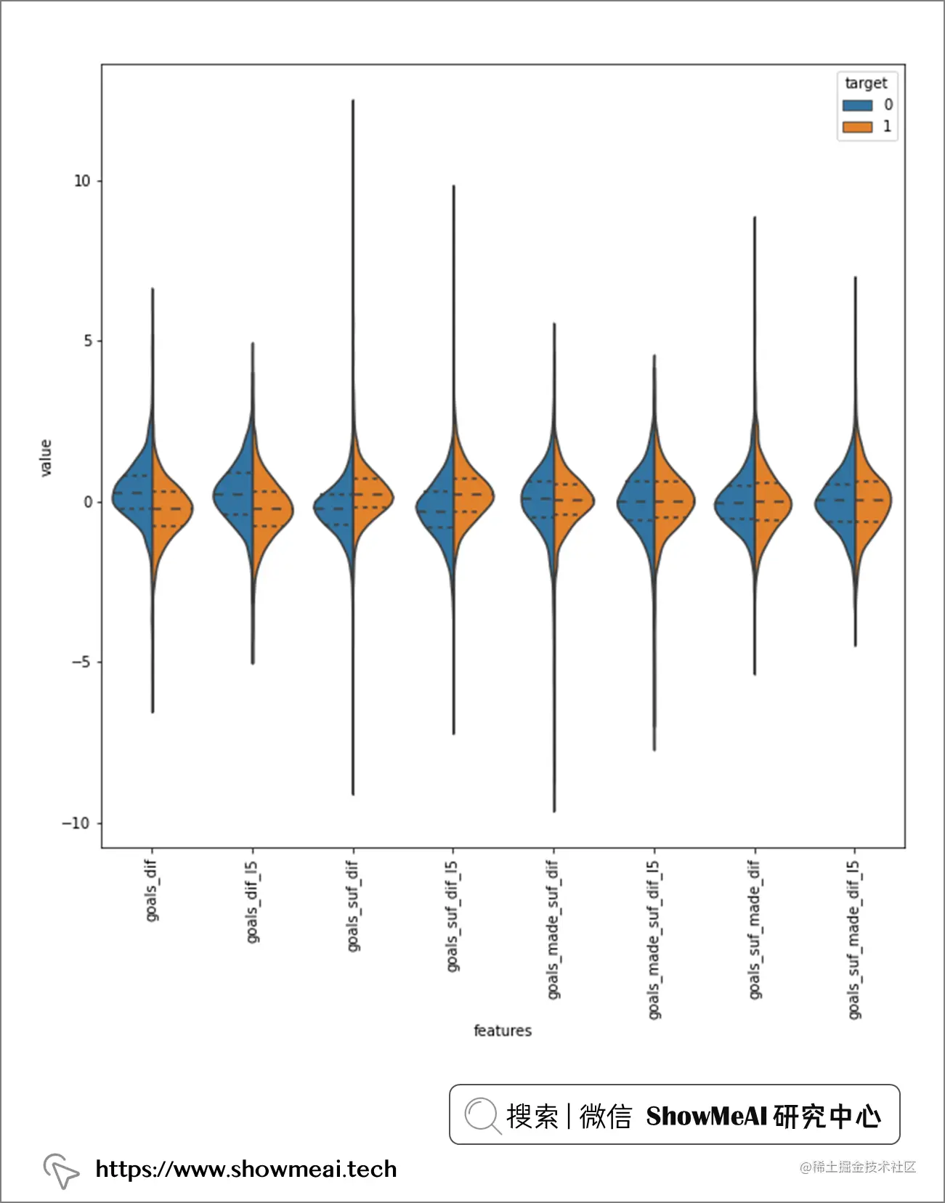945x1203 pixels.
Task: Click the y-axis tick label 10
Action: pyautogui.click(x=82, y=181)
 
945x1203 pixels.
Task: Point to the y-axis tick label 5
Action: pyautogui.click(x=88, y=341)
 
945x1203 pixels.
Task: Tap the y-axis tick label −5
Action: pyautogui.click(x=81, y=663)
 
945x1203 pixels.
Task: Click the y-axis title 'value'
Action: pyautogui.click(x=46, y=458)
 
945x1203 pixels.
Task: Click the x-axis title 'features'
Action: pyautogui.click(x=503, y=1030)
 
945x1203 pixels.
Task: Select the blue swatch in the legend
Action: pyautogui.click(x=857, y=105)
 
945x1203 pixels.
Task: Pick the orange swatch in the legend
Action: pyautogui.click(x=857, y=127)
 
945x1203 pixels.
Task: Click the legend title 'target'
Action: pyautogui.click(x=866, y=83)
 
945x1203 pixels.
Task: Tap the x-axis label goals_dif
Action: pyautogui.click(x=151, y=891)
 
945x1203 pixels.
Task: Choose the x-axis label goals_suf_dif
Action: pyautogui.click(x=352, y=905)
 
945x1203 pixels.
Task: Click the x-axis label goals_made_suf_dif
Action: pyautogui.click(x=553, y=929)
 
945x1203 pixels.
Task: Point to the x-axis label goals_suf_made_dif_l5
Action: pyautogui.click(x=853, y=939)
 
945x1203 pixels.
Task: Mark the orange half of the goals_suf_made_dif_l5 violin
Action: pyautogui.click(x=872, y=501)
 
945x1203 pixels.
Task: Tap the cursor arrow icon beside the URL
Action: pyautogui.click(x=61, y=1170)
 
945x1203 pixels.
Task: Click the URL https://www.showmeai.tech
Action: pyautogui.click(x=246, y=1169)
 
